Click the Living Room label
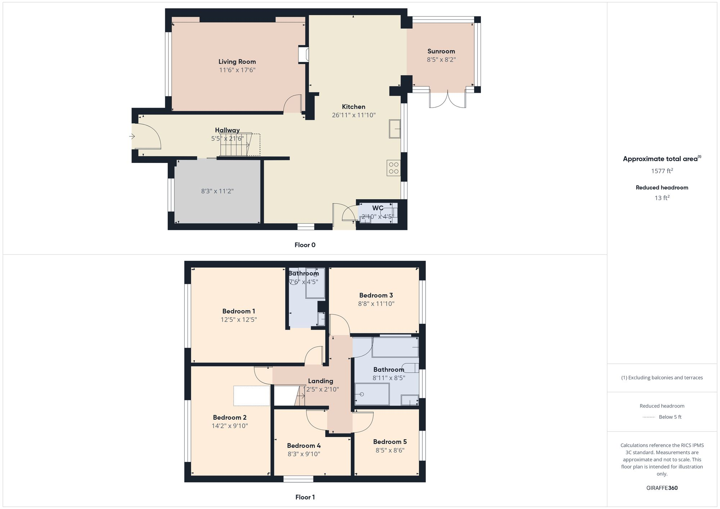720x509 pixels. point(237,62)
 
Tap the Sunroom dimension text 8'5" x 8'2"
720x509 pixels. point(441,60)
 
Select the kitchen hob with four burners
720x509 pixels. point(393,168)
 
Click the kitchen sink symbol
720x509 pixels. point(395,129)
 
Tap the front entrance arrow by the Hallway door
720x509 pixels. point(132,136)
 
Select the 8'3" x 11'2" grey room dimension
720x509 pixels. point(217,191)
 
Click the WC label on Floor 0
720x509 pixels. point(377,208)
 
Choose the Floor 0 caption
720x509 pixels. point(305,245)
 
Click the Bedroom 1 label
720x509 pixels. point(238,311)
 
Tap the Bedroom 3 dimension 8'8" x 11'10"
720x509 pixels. point(376,304)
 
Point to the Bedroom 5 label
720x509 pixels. point(390,442)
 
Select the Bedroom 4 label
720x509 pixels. point(303,446)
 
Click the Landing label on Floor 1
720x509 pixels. point(320,381)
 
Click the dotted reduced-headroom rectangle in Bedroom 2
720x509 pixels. point(252,396)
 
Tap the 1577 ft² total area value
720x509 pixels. point(662,171)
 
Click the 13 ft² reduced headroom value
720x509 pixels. point(662,198)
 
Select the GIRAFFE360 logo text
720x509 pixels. point(662,488)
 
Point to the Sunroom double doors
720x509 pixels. point(447,99)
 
